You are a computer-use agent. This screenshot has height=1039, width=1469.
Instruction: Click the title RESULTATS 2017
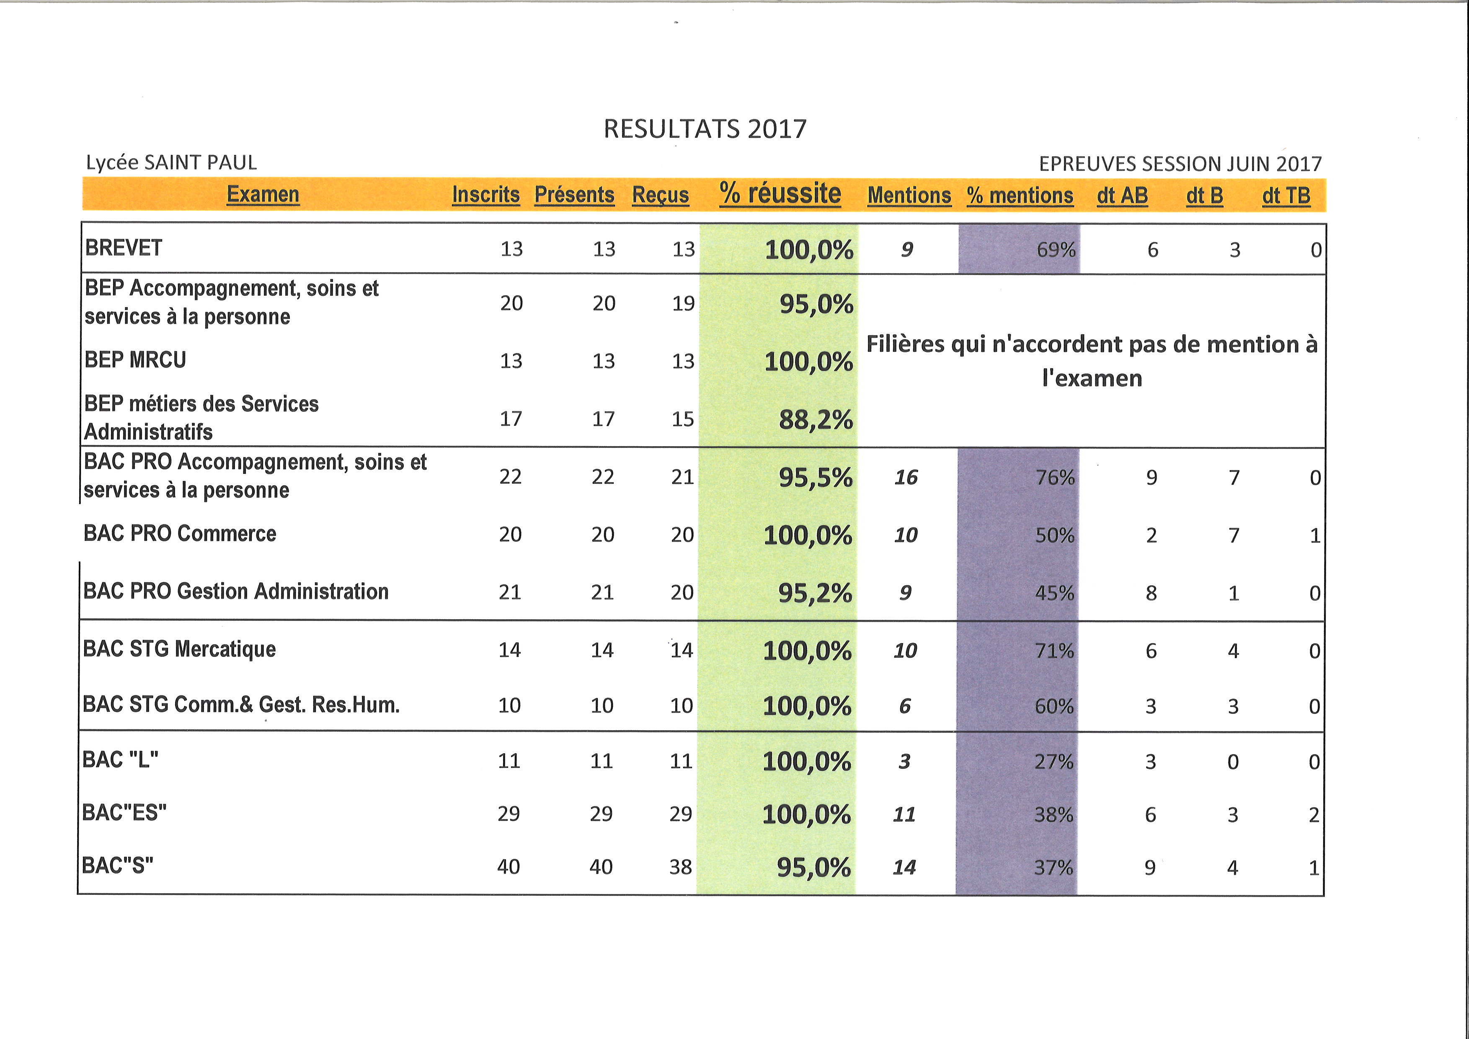tap(705, 129)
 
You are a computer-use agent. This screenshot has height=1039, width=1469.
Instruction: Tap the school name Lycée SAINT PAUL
tap(171, 163)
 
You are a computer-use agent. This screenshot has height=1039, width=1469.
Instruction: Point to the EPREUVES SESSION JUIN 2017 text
tap(1180, 164)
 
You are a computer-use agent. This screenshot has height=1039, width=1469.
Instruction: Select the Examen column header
tap(263, 194)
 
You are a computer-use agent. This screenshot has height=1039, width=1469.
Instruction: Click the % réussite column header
tap(780, 193)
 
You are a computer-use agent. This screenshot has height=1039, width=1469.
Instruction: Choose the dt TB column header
tap(1286, 195)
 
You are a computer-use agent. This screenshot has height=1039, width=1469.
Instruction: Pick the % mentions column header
tap(1020, 195)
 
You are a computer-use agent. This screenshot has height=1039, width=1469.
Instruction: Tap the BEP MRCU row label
tap(135, 359)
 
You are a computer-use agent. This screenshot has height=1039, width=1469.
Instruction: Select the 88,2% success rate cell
tap(816, 420)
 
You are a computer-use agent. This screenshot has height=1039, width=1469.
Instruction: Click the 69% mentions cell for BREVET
tap(1056, 250)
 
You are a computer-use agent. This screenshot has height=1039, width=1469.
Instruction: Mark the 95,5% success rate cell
tap(815, 477)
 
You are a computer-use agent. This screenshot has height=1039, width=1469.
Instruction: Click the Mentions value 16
tap(906, 477)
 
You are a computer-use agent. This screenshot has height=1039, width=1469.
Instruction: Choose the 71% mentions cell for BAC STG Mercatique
tap(1054, 651)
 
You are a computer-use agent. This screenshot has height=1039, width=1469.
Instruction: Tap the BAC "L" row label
tap(120, 760)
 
